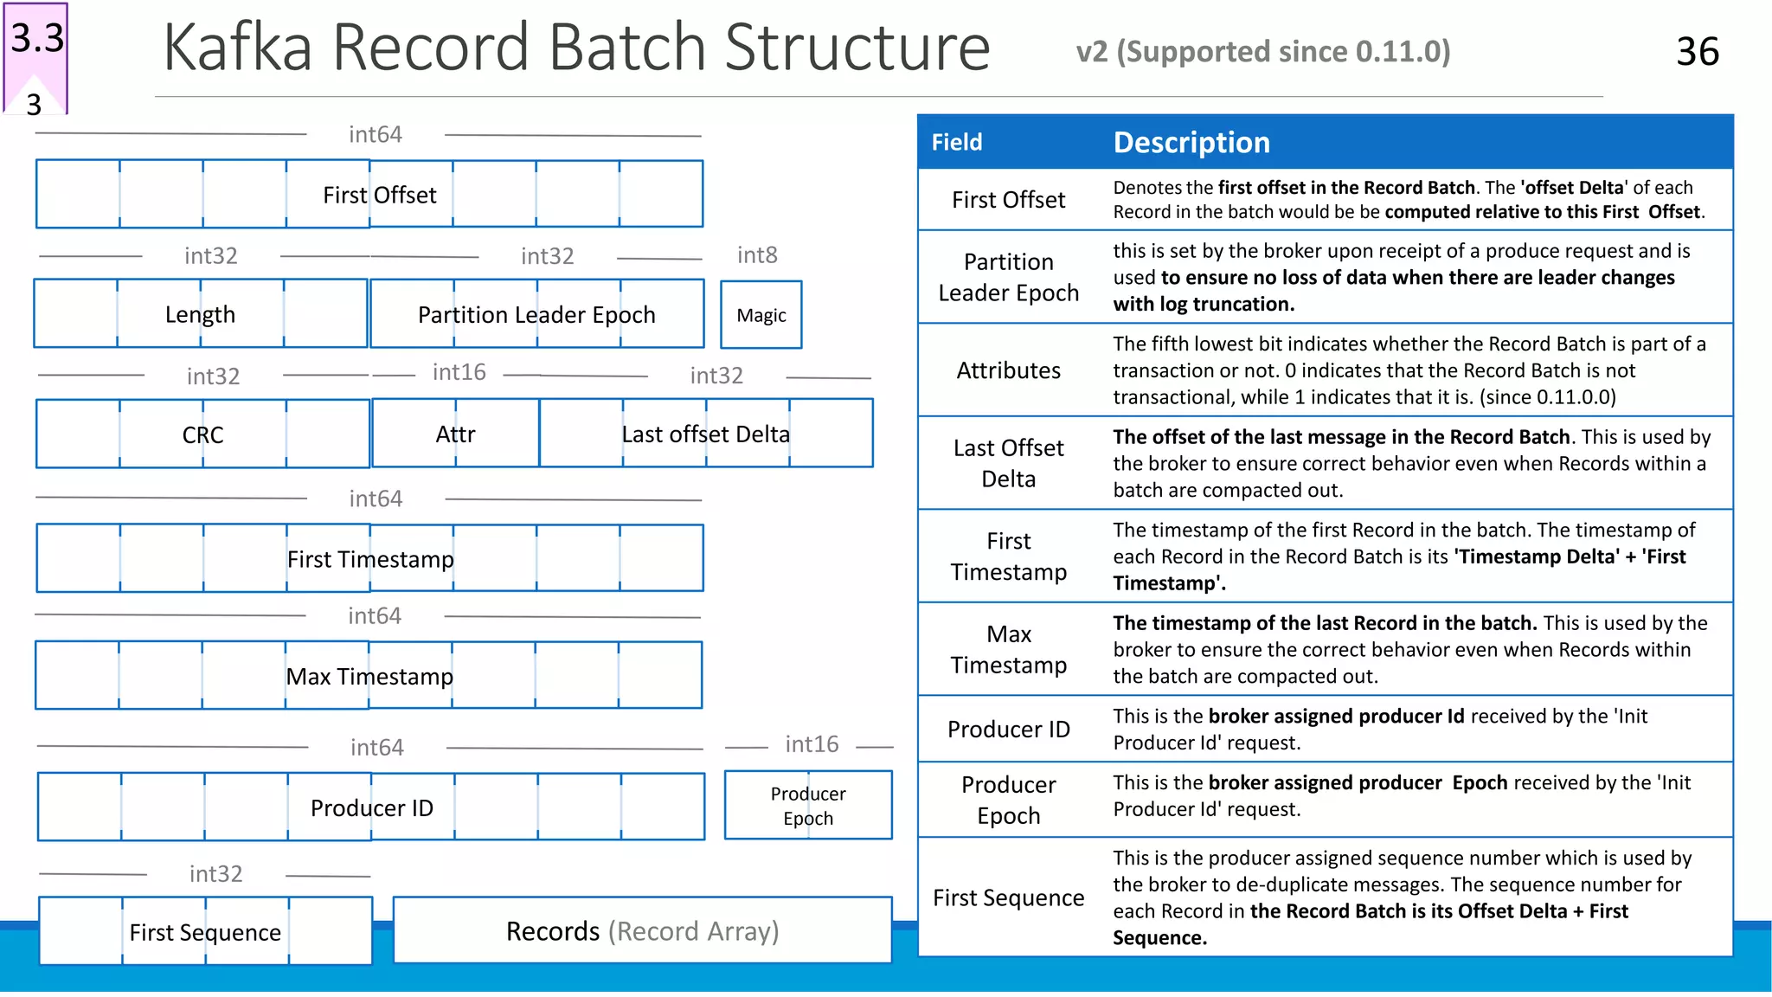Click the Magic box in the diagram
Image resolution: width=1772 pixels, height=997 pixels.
761,315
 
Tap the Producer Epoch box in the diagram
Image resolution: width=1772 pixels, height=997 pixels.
808,806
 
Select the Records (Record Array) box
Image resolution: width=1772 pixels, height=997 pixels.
642,931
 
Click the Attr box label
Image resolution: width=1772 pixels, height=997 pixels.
455,434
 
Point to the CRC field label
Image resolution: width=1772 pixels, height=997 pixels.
202,434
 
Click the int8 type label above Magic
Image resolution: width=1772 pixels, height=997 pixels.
757,255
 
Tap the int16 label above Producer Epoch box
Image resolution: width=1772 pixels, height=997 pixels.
812,744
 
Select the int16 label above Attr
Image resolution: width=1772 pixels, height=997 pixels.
459,372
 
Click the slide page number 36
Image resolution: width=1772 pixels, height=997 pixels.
1697,52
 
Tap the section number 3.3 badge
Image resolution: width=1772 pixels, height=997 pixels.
37,39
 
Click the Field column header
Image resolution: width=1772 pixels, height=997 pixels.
957,142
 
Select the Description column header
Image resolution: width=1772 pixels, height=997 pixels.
1191,142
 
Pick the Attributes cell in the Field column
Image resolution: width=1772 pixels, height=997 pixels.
1008,370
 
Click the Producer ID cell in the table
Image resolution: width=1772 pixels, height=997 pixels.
1008,730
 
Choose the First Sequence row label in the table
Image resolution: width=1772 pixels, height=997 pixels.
1008,898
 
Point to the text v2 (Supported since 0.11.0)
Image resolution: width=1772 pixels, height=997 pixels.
1263,52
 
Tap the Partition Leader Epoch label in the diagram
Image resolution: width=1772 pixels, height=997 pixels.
536,315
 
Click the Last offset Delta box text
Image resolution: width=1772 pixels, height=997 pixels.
705,434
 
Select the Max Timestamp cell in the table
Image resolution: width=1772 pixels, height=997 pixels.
1008,649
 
